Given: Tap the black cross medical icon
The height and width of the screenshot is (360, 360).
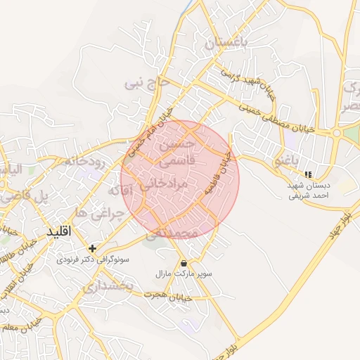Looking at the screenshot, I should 92,248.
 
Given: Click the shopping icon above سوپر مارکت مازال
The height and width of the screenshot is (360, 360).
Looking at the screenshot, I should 184,263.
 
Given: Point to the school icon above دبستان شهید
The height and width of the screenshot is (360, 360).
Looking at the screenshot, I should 307,174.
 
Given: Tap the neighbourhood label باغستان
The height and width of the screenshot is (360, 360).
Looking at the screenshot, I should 226,43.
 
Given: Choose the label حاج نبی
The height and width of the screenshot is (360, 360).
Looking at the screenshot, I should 147,83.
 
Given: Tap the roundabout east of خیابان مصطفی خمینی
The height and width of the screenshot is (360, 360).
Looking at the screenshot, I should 337,133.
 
